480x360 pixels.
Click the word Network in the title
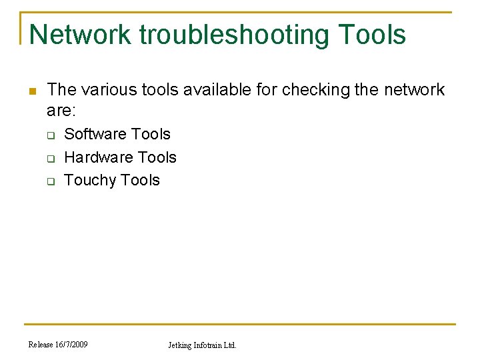click(80, 35)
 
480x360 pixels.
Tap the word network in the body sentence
click(413, 89)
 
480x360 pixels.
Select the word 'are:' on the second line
click(61, 109)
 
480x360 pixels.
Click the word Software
click(94, 134)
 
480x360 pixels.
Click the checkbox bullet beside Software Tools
click(50, 135)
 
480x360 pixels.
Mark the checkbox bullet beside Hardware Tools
click(50, 159)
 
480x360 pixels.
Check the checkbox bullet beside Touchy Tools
click(50, 181)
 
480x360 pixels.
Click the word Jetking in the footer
click(180, 345)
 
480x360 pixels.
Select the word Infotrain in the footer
click(209, 345)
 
